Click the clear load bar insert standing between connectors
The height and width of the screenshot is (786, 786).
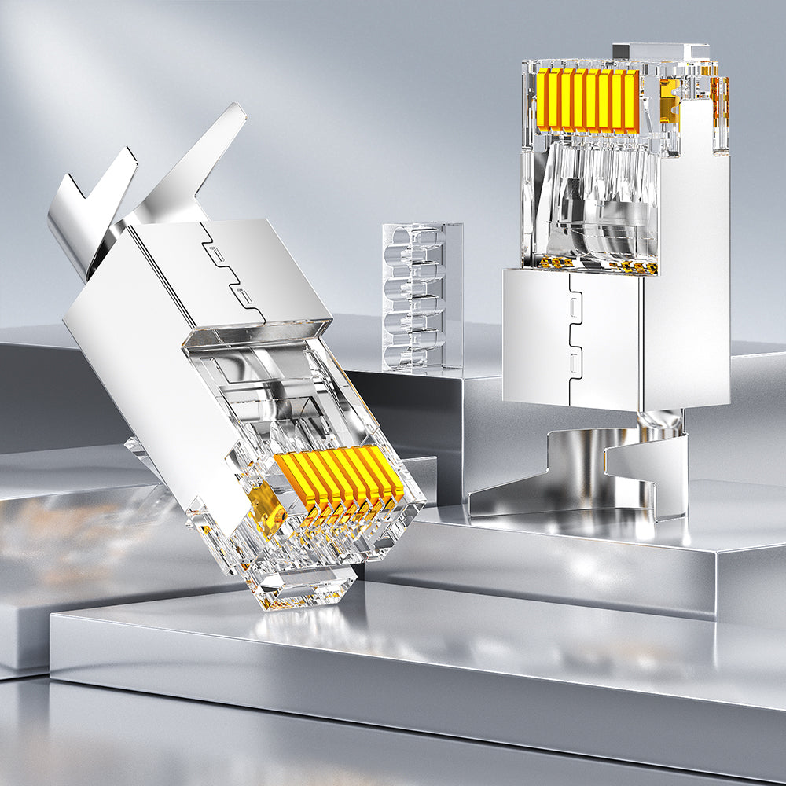[422, 296]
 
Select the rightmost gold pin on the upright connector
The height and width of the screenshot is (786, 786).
[634, 101]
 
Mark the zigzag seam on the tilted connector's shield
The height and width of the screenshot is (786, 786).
[232, 271]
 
